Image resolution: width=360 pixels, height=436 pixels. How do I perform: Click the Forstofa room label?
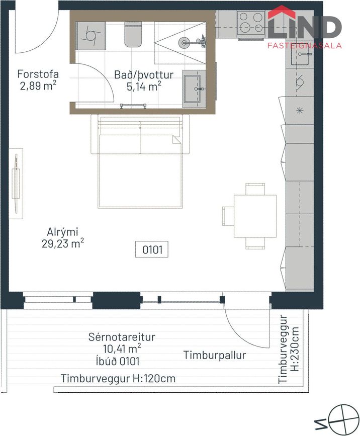(38, 74)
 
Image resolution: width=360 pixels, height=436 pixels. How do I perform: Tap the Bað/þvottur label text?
(144, 75)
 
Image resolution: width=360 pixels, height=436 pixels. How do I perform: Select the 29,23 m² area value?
(63, 244)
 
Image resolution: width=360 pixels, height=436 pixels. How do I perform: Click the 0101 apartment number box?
(152, 249)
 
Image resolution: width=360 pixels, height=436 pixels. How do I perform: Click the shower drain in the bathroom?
(183, 43)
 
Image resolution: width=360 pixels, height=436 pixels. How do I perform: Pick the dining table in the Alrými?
(255, 216)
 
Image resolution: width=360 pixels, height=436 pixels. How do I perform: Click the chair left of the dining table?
(228, 216)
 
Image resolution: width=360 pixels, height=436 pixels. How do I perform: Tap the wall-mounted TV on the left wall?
(16, 184)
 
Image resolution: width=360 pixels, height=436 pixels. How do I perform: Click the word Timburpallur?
(215, 356)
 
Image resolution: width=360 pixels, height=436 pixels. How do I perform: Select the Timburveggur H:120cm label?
(118, 379)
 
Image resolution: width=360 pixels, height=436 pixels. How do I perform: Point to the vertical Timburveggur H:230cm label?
(289, 349)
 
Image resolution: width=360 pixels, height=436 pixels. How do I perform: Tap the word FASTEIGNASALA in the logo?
(304, 45)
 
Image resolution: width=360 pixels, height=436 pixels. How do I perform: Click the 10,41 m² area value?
(122, 348)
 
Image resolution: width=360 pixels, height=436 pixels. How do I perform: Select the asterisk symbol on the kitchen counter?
(299, 111)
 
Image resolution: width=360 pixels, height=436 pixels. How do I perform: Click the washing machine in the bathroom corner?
(91, 36)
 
